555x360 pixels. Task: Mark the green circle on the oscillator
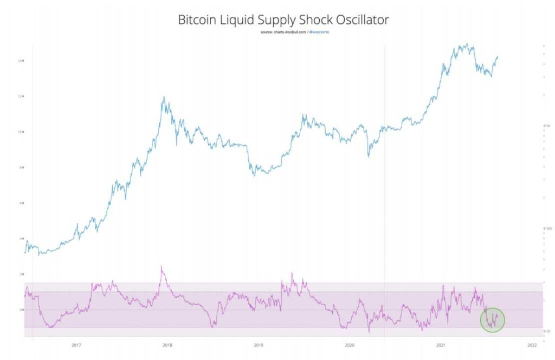point(493,319)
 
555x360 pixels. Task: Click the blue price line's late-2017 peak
point(163,98)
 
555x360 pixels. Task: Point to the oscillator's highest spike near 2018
point(162,266)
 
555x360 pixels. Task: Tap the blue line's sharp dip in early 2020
point(369,157)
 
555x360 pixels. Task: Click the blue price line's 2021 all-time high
point(466,44)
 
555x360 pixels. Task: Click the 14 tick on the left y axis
point(20,61)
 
